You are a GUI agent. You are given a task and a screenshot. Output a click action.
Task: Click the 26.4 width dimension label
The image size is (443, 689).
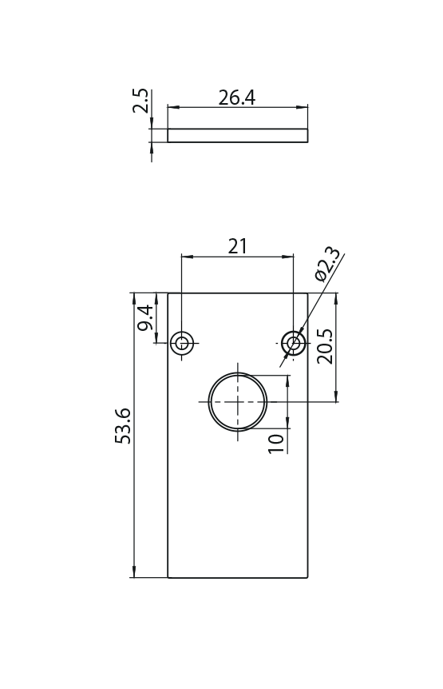(237, 98)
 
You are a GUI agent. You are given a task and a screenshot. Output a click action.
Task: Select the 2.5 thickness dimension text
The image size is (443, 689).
(140, 101)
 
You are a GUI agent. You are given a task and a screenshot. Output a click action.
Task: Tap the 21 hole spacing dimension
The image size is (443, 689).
(237, 246)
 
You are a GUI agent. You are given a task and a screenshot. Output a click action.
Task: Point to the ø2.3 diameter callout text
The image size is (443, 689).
(327, 264)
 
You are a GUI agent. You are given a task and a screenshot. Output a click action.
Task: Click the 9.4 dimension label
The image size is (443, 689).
(145, 317)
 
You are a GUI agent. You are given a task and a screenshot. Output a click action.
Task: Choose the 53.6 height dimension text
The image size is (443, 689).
(123, 426)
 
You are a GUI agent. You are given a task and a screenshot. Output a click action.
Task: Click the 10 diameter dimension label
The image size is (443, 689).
(276, 444)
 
